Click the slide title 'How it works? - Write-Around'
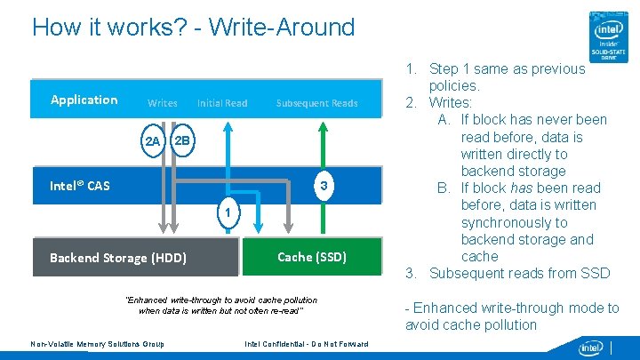click(x=193, y=27)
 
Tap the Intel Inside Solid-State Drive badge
click(x=612, y=36)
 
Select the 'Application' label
click(x=84, y=100)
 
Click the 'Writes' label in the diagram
click(x=162, y=103)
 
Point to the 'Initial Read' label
click(x=222, y=103)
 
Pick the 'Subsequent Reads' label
click(x=316, y=103)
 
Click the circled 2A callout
click(x=152, y=141)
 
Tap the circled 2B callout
click(x=181, y=140)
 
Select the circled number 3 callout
click(x=324, y=185)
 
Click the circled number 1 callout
click(x=228, y=213)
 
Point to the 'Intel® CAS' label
click(x=80, y=186)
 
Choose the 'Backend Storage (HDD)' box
click(x=118, y=258)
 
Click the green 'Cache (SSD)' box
click(x=312, y=257)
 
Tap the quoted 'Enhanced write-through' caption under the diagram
click(x=220, y=305)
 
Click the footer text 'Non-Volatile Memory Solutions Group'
click(x=97, y=344)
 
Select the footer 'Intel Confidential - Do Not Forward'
click(x=305, y=344)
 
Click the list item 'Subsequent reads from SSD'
click(x=519, y=273)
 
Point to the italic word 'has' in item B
click(x=524, y=188)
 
